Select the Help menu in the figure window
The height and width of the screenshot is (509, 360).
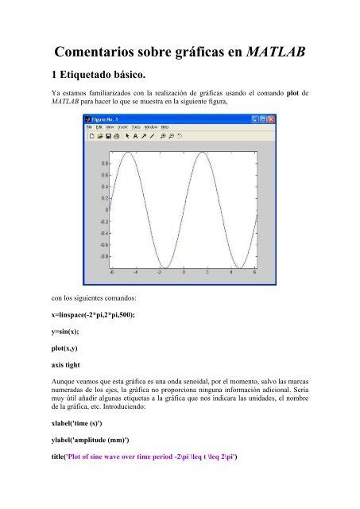pyautogui.click(x=165, y=126)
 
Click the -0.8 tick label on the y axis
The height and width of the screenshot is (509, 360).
pyautogui.click(x=103, y=257)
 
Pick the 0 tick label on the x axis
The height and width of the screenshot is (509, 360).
pyautogui.click(x=184, y=272)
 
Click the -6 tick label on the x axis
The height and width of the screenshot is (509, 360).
pyautogui.click(x=112, y=272)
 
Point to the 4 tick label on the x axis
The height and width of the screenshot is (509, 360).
pyautogui.click(x=231, y=272)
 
